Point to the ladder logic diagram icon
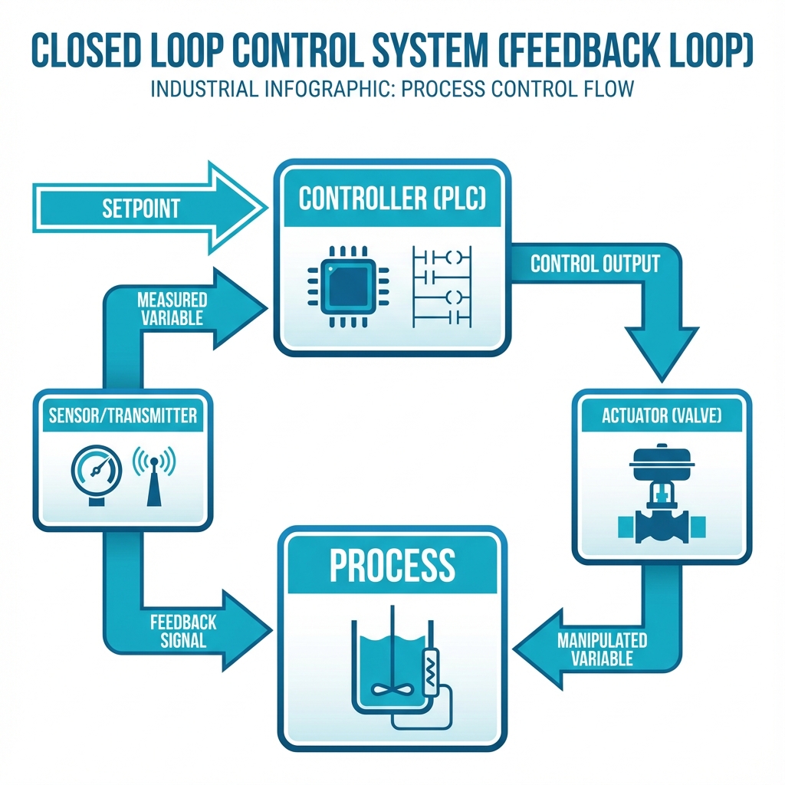point(441,284)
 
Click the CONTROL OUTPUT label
point(595,264)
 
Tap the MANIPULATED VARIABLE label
point(602,649)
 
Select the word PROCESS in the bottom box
point(392,565)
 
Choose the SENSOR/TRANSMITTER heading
point(123,416)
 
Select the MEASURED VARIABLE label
point(172,308)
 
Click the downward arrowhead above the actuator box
point(661,353)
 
